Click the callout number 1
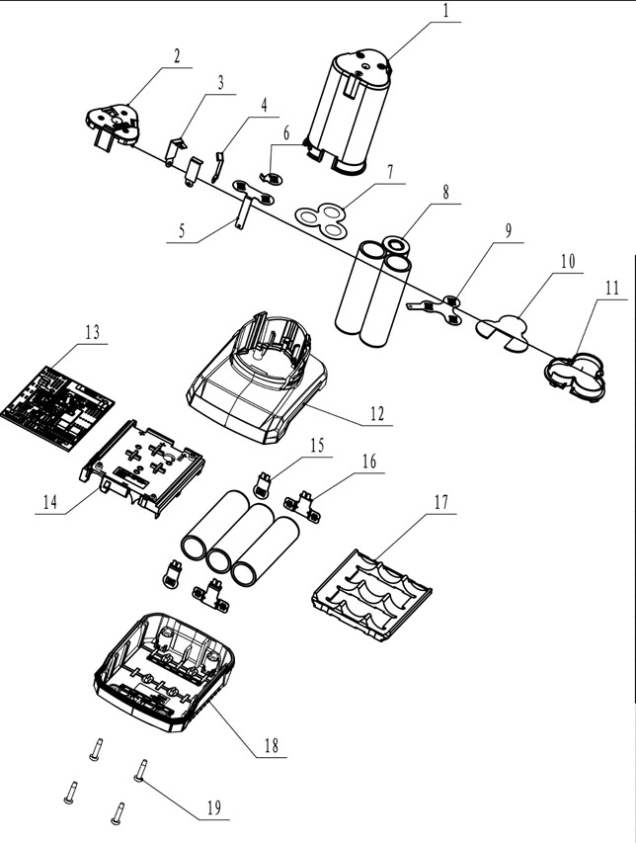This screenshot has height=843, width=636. click(x=445, y=11)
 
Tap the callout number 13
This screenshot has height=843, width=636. click(x=93, y=332)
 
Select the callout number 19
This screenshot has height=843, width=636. click(x=213, y=807)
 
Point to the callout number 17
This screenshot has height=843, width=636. click(x=440, y=503)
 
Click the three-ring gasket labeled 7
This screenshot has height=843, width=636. click(x=322, y=219)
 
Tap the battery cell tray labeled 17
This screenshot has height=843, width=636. click(x=371, y=596)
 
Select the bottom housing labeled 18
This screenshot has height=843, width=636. click(x=164, y=672)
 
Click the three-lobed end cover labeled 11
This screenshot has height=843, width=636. click(x=575, y=377)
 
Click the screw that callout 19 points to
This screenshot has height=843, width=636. click(x=141, y=772)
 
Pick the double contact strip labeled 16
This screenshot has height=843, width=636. click(x=302, y=506)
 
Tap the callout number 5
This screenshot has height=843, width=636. click(x=182, y=231)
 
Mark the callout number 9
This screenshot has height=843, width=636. click(x=509, y=230)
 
